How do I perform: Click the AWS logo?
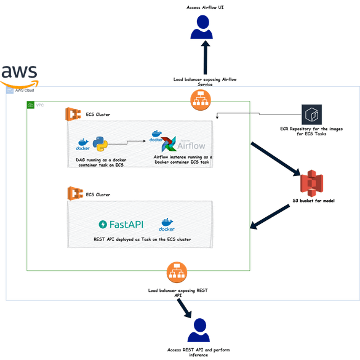click(x=19, y=74)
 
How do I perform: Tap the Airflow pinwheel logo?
click(x=169, y=145)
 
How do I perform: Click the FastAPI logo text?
click(x=121, y=224)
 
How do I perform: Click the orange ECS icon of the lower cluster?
click(x=74, y=194)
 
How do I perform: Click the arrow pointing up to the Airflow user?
click(x=205, y=64)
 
